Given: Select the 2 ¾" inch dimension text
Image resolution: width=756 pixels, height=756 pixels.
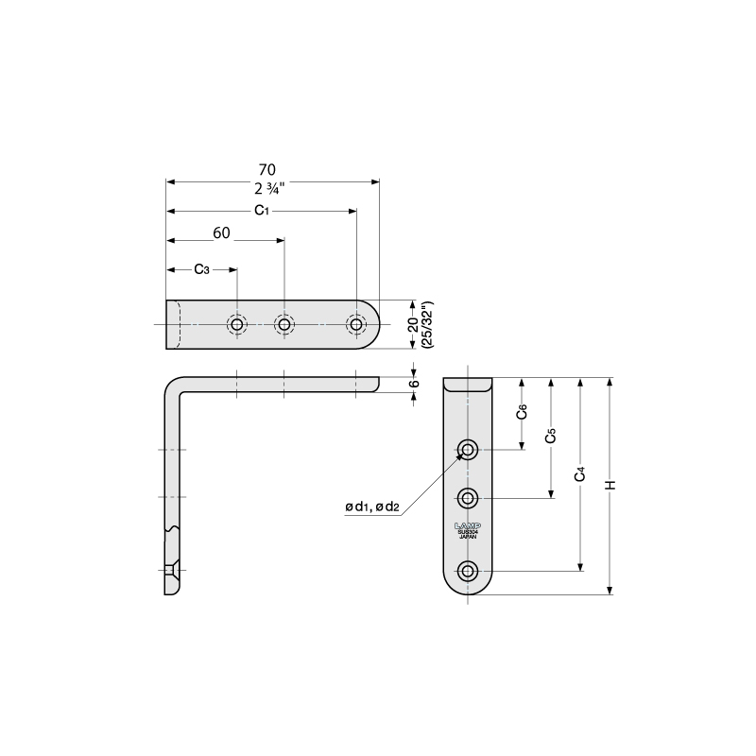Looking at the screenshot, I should [272, 186].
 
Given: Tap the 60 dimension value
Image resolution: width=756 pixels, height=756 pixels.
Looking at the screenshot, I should [222, 232].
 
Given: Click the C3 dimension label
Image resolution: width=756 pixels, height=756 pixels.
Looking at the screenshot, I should [201, 269].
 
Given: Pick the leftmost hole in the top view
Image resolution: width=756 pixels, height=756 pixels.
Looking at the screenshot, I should [236, 325].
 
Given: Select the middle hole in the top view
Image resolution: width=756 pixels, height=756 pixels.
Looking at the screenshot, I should [284, 325].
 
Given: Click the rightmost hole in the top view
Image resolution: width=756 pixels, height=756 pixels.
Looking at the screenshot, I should [355, 325].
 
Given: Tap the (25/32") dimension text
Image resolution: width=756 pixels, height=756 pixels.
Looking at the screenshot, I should [427, 326].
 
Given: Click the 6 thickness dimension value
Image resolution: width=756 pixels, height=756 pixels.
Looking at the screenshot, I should [414, 384].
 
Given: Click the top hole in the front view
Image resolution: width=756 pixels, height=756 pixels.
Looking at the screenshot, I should [468, 449].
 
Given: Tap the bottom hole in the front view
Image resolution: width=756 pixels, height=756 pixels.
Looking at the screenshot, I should [468, 570].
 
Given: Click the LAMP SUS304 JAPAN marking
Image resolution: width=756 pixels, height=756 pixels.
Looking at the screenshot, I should [468, 529].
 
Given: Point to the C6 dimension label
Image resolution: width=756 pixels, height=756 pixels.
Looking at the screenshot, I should [522, 413].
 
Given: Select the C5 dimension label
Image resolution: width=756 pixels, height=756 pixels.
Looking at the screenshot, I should [551, 437].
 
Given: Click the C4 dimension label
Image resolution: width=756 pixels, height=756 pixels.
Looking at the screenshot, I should [580, 473].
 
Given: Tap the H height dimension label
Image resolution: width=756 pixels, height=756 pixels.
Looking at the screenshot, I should [610, 485].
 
